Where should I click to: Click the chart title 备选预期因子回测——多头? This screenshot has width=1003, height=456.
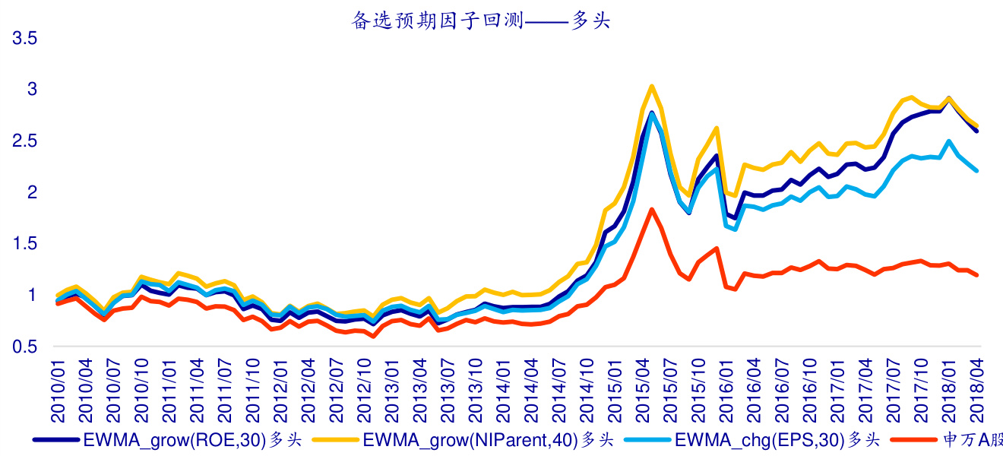pos(481,21)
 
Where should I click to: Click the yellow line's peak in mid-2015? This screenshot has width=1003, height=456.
pos(652,86)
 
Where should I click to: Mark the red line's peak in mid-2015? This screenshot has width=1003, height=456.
pos(652,209)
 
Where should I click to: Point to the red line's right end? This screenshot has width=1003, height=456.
pos(977,275)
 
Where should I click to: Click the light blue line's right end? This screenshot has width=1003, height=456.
pos(977,171)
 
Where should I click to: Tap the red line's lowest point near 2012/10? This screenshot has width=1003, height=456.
pos(373,337)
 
